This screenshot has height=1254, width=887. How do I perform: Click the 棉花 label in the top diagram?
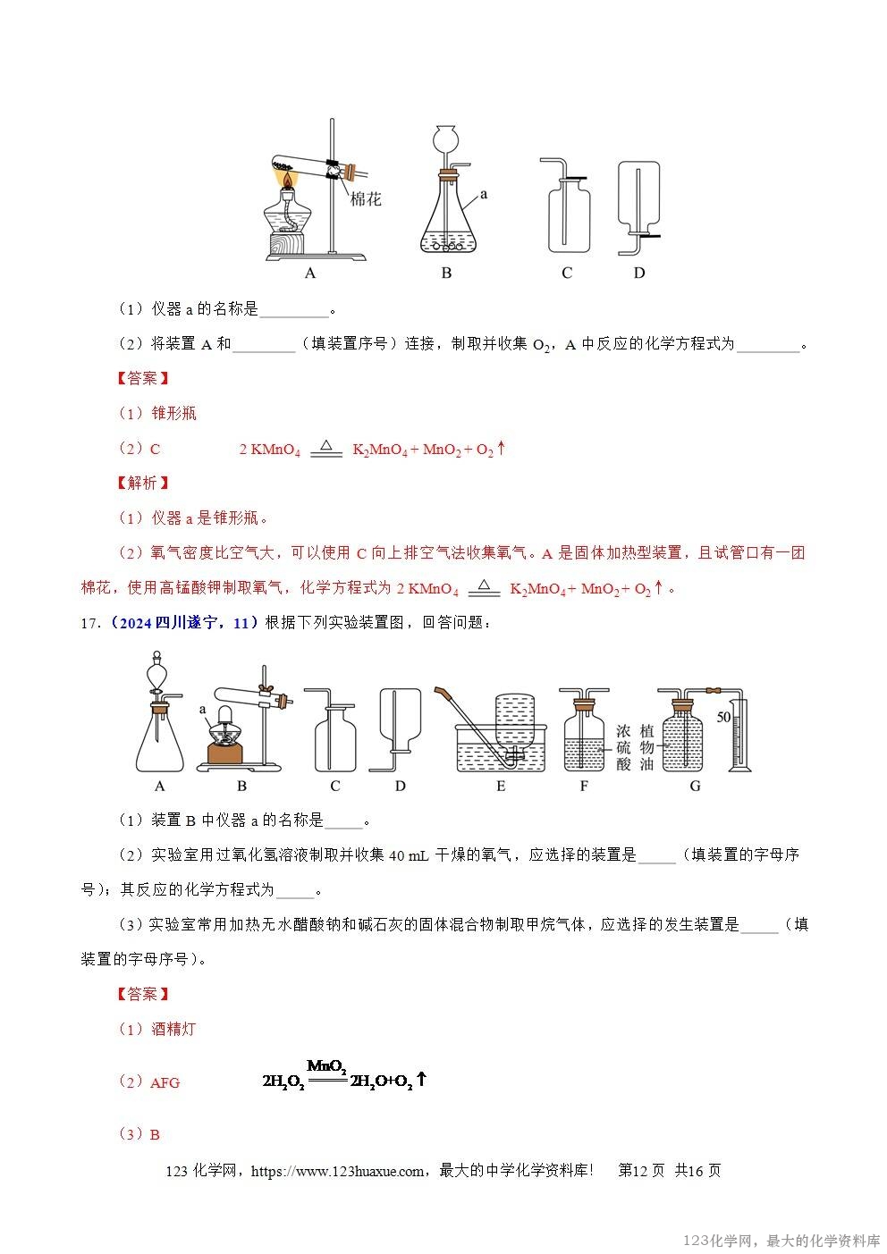[366, 198]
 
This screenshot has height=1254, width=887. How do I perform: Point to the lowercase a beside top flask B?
[484, 192]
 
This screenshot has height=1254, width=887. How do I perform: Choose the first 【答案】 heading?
[143, 378]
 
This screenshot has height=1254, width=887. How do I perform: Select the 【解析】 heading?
[143, 483]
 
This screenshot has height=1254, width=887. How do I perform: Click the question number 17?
[89, 623]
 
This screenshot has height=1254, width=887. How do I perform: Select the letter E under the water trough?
[501, 787]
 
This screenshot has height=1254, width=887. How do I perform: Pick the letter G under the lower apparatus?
[695, 787]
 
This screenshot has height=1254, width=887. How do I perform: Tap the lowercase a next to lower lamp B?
[204, 708]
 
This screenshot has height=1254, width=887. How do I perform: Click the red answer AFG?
[165, 1082]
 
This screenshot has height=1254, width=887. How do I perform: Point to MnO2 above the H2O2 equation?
[326, 1066]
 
